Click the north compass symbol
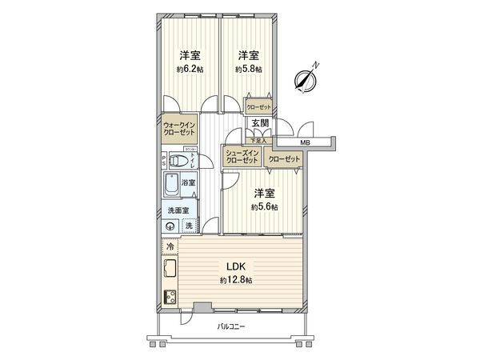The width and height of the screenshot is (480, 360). click(x=306, y=78)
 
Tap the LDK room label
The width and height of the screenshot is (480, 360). click(x=235, y=267)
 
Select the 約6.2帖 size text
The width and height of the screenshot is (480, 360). click(x=190, y=70)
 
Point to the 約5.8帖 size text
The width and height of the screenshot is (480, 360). click(x=248, y=70)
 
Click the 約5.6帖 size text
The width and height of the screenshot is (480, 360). click(x=264, y=207)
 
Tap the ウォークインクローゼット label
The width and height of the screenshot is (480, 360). click(x=178, y=130)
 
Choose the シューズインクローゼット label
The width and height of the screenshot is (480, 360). click(x=242, y=157)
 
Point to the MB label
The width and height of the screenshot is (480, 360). click(x=304, y=142)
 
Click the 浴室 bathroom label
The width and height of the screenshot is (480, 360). click(x=189, y=183)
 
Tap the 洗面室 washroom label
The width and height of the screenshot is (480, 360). click(x=178, y=210)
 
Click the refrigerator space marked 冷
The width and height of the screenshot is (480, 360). click(x=170, y=246)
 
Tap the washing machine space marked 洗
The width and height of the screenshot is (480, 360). click(x=189, y=226)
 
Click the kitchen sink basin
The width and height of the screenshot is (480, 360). click(x=170, y=268)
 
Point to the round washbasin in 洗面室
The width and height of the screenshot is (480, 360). click(x=170, y=226)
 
